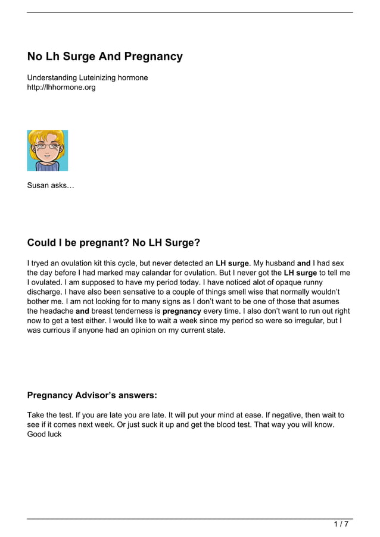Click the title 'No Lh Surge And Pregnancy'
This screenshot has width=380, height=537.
click(105, 57)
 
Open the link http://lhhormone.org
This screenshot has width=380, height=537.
click(61, 88)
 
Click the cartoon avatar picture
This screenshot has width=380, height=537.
click(48, 150)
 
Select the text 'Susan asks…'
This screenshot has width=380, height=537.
click(51, 186)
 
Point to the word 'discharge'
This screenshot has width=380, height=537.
click(46, 292)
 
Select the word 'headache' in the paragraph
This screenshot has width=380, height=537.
click(57, 311)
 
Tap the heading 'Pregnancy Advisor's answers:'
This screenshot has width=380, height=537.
click(92, 395)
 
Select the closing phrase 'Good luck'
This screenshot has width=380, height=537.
click(45, 434)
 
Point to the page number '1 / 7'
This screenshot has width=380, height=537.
click(341, 524)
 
